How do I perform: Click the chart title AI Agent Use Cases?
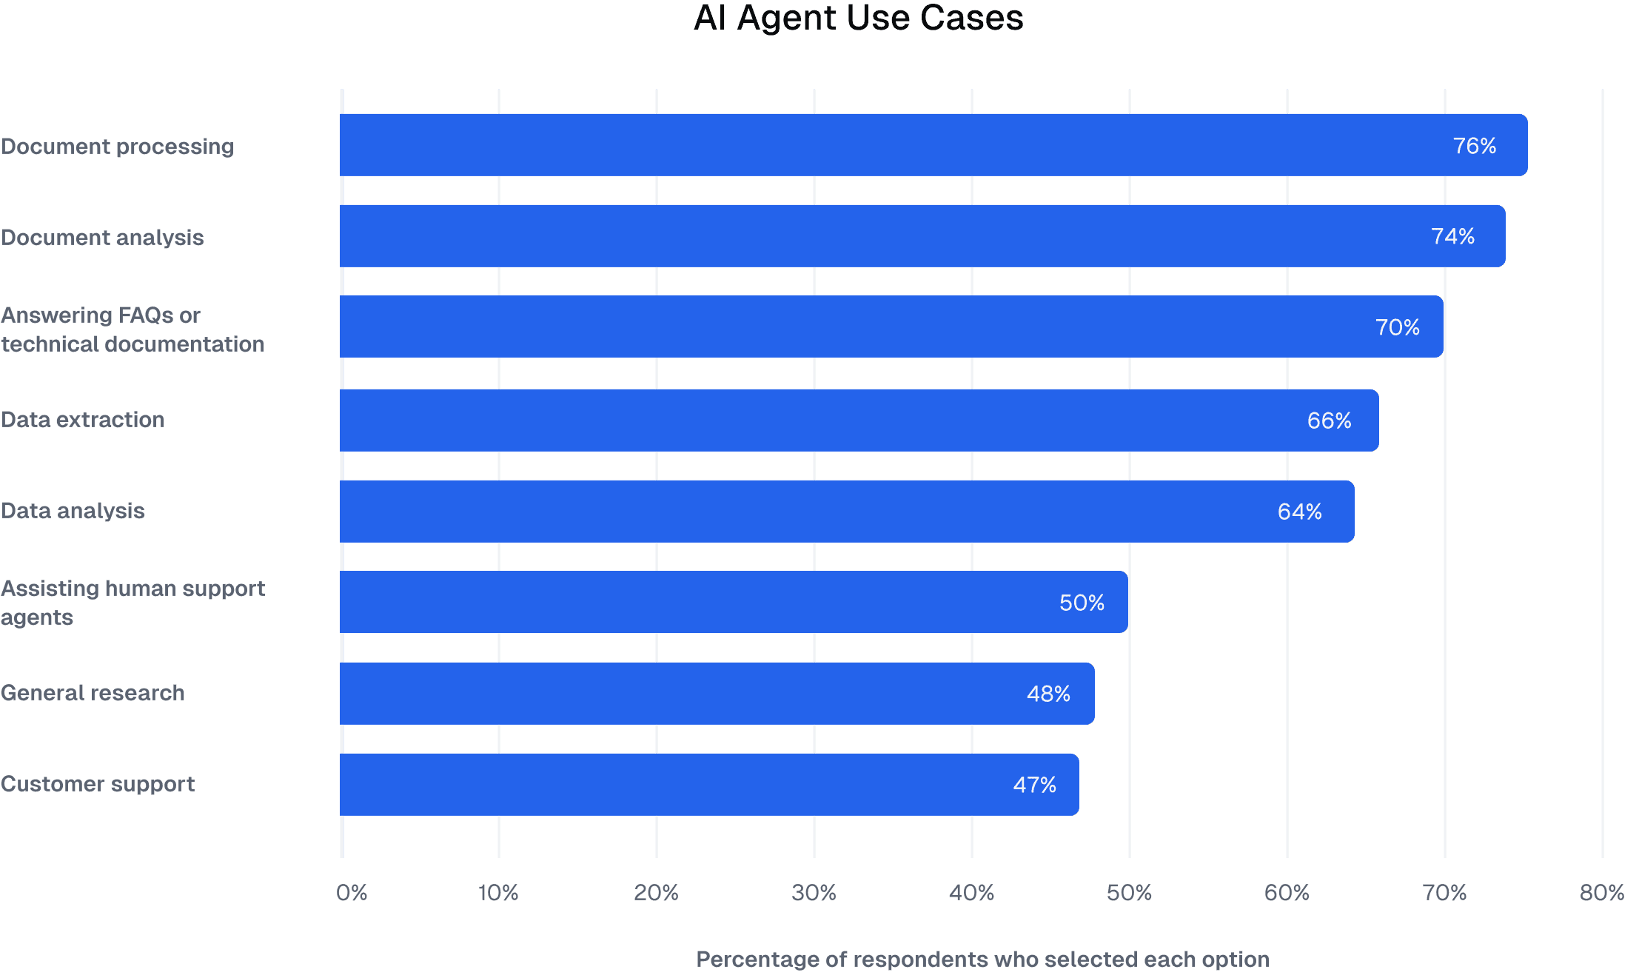pyautogui.click(x=858, y=19)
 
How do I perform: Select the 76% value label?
pyautogui.click(x=1474, y=146)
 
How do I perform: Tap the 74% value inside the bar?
pyautogui.click(x=1452, y=236)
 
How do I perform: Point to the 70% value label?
pyautogui.click(x=1397, y=327)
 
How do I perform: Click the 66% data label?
pyautogui.click(x=1329, y=421)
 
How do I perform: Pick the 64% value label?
pyautogui.click(x=1299, y=512)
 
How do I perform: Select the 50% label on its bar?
pyautogui.click(x=1082, y=603)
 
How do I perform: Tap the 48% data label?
pyautogui.click(x=1048, y=694)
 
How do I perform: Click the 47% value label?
pyautogui.click(x=1034, y=785)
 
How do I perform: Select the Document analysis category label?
pyautogui.click(x=103, y=238)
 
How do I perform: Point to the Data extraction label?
pyautogui.click(x=83, y=420)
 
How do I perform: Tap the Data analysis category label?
pyautogui.click(x=73, y=511)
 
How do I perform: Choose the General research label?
pyautogui.click(x=93, y=693)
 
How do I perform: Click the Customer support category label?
pyautogui.click(x=98, y=784)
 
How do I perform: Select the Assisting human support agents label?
pyautogui.click(x=132, y=603)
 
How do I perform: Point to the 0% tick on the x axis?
pyautogui.click(x=352, y=893)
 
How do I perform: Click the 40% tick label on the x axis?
pyautogui.click(x=971, y=893)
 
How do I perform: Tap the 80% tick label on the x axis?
pyautogui.click(x=1601, y=893)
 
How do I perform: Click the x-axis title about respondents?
pyautogui.click(x=982, y=959)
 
